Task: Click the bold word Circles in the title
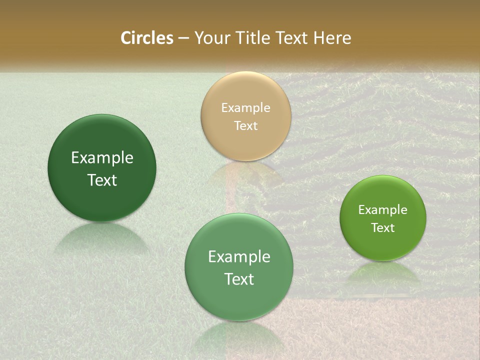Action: (146, 38)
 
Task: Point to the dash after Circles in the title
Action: (183, 38)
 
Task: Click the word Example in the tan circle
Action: (245, 108)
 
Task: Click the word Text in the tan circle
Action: (245, 125)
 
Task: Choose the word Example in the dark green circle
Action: (102, 158)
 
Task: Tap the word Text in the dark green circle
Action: (102, 180)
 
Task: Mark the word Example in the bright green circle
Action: (382, 210)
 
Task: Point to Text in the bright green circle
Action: (382, 227)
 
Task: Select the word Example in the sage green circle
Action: (238, 257)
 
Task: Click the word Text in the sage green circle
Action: (238, 279)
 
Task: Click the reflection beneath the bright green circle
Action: (383, 272)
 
